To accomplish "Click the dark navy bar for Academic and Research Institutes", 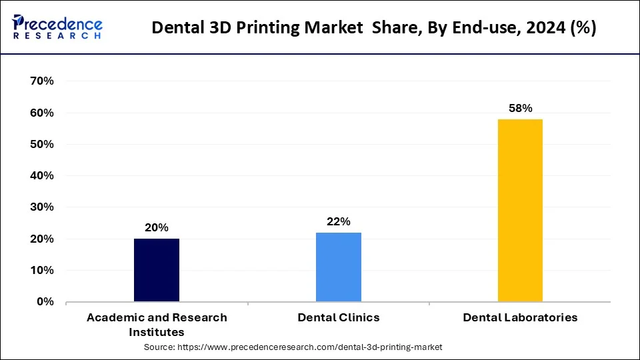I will point(157,270).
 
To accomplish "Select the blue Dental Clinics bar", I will point(339,267).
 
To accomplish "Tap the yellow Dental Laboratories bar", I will point(520,210).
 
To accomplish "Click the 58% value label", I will point(520,108).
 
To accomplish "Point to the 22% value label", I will point(339,221).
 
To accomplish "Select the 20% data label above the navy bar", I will point(157,227).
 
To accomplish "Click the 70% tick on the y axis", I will point(42,81).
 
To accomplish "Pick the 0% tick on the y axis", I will point(45,302).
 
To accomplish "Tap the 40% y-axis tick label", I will point(42,176).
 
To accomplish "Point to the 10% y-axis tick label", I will point(42,271).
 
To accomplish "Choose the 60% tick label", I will point(42,113).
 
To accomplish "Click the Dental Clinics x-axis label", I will point(339,318).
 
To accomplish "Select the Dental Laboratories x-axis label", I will point(520,318).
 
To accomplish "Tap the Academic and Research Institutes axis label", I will point(157,325).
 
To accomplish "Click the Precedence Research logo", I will point(57,27).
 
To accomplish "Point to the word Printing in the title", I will point(250,28).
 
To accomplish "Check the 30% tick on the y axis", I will point(42,207).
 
